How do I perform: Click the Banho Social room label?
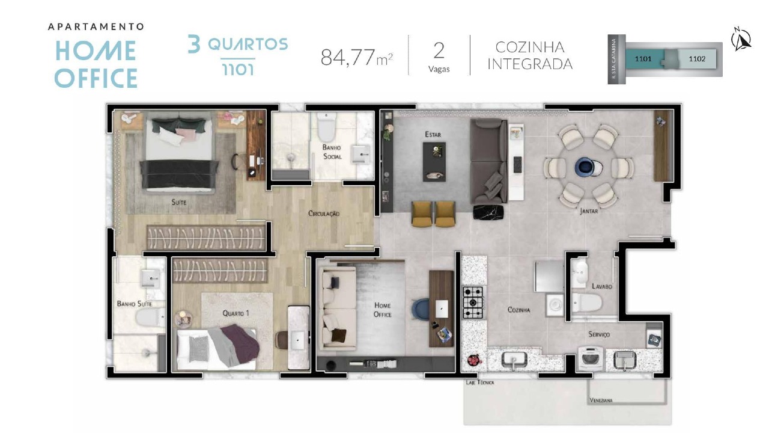(332, 152)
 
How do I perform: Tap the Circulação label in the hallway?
(324, 213)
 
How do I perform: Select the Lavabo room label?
(602, 286)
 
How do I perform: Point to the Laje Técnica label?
(480, 382)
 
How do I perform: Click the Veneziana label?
(601, 400)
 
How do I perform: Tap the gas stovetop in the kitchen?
(473, 302)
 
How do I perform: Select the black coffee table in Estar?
(434, 162)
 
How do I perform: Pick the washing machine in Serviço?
(591, 359)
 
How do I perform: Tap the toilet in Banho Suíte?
(150, 318)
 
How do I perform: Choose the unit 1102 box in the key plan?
(697, 59)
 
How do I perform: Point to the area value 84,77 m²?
(357, 57)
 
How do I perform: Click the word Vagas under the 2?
(439, 69)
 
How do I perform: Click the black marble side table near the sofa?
(488, 212)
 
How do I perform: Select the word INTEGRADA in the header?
(530, 64)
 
